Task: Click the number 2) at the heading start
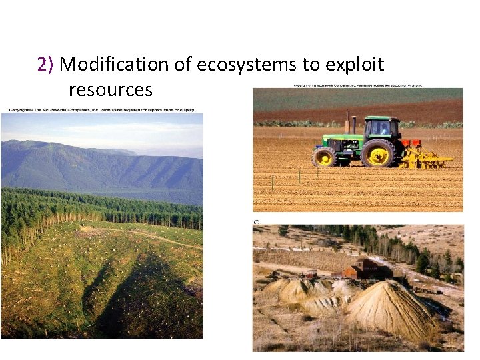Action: click(x=46, y=65)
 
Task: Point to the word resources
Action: click(x=110, y=89)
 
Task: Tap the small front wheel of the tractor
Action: click(x=325, y=157)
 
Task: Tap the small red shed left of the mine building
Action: click(x=309, y=273)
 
